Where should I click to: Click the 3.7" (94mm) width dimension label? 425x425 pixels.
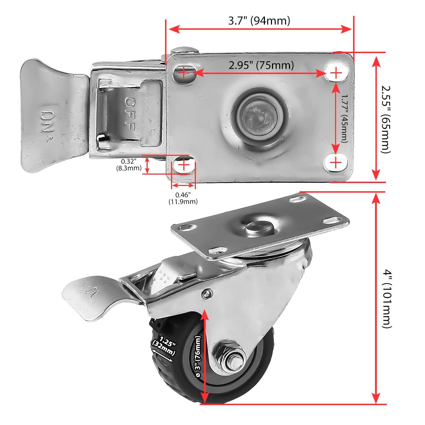pos(259,21)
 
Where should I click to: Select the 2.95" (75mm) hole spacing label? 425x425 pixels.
pos(261,66)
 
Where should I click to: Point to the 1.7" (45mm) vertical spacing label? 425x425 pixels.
pos(343,118)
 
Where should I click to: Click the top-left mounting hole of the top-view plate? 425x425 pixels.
pos(184,73)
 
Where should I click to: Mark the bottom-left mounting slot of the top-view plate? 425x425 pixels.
pos(183,165)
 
